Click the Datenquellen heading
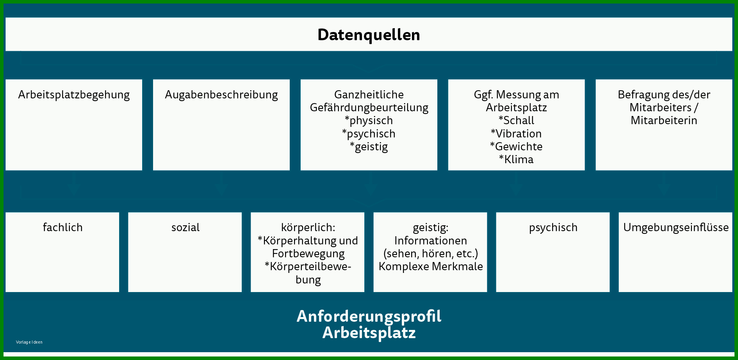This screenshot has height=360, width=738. pyautogui.click(x=369, y=35)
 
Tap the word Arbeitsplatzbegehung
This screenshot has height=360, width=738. pyautogui.click(x=74, y=95)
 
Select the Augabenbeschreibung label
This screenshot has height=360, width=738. pyautogui.click(x=221, y=95)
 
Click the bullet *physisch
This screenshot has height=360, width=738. pyautogui.click(x=369, y=121)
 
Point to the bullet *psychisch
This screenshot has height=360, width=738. pyautogui.click(x=369, y=134)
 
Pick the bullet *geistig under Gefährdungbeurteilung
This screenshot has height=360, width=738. pyautogui.click(x=369, y=147)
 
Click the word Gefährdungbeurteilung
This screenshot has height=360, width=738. pyautogui.click(x=369, y=108)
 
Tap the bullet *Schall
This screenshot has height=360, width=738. pyautogui.click(x=516, y=120)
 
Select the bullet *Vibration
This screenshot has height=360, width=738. pyautogui.click(x=516, y=134)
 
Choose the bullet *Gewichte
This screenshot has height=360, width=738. pyautogui.click(x=516, y=146)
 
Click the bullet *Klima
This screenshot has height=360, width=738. pyautogui.click(x=516, y=159)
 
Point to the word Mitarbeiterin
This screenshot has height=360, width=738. pyautogui.click(x=664, y=120)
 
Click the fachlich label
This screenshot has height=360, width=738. pyautogui.click(x=62, y=227)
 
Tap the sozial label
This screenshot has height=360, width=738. pyautogui.click(x=185, y=227)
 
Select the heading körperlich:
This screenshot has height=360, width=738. pyautogui.click(x=308, y=228)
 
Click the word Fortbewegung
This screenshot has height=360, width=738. pyautogui.click(x=308, y=254)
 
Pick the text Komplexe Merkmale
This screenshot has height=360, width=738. pyautogui.click(x=431, y=266)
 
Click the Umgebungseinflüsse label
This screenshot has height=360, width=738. pyautogui.click(x=676, y=227)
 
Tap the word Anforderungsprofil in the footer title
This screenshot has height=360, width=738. pyautogui.click(x=369, y=316)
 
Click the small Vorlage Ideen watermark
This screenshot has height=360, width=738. pyautogui.click(x=29, y=342)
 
